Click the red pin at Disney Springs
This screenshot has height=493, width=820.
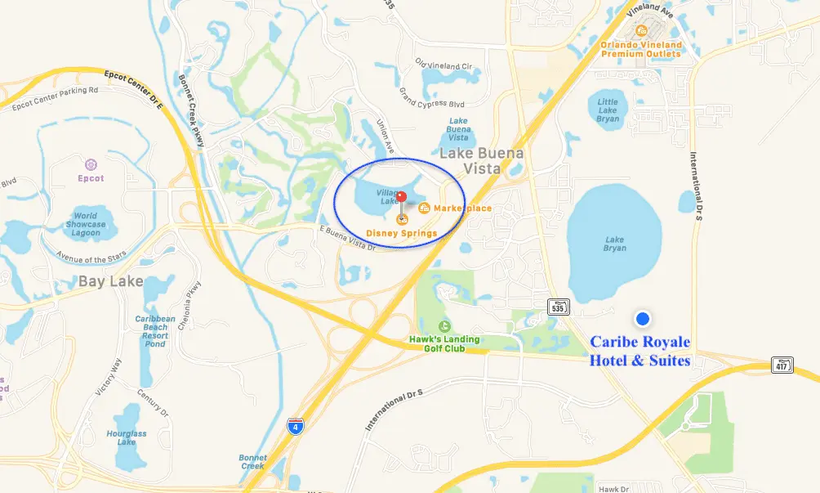coord(401,197)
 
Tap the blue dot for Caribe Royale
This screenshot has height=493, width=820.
coord(643,318)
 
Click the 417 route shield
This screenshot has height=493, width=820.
coord(782,365)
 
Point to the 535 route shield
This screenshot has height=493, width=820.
coord(559,307)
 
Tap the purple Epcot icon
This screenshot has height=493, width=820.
coord(91,164)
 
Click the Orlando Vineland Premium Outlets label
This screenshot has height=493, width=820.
coord(641,49)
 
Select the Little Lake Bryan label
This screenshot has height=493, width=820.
coord(608,110)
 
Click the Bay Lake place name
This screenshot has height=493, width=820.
coord(110,282)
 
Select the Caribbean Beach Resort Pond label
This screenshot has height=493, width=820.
coord(155,331)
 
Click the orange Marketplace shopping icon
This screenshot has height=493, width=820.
coord(425,208)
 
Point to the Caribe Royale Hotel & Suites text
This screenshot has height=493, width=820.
coord(640,351)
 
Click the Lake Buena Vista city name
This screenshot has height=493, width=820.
coord(482,160)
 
